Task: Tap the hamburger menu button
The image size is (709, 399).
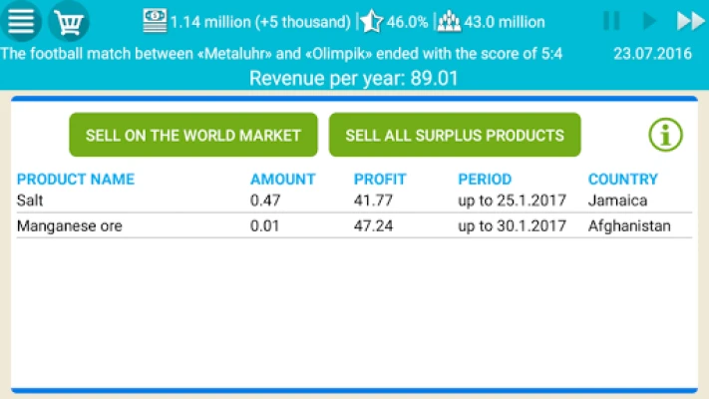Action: [x=21, y=21]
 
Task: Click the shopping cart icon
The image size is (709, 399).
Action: [x=69, y=21]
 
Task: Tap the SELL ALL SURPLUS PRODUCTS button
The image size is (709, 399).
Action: [x=455, y=135]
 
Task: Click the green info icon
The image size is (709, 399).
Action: [x=665, y=135]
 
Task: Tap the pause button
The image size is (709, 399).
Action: [x=611, y=21]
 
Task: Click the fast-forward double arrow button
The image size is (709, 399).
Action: [x=690, y=21]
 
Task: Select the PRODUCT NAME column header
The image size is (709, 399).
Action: [x=76, y=180]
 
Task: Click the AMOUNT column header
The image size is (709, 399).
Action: [x=282, y=180]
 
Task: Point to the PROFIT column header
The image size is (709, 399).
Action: [x=380, y=180]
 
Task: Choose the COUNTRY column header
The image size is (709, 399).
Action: [x=623, y=180]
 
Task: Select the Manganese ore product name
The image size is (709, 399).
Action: [x=70, y=226]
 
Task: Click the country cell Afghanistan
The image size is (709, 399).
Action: [x=629, y=226]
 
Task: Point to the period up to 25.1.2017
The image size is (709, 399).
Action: [x=512, y=200]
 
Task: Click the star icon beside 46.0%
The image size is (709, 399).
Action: [x=372, y=21]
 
